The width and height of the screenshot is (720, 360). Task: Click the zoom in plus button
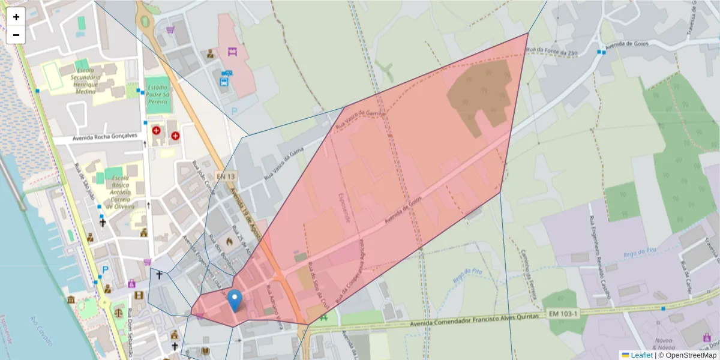(16, 17)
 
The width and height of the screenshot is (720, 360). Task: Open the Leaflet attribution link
(641, 355)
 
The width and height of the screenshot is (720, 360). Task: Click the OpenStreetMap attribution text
(691, 355)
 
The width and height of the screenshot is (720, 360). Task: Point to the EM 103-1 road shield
(562, 314)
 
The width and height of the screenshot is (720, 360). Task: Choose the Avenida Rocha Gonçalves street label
(105, 136)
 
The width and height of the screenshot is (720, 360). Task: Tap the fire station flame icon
(229, 241)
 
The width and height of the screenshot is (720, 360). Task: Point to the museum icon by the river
(71, 299)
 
